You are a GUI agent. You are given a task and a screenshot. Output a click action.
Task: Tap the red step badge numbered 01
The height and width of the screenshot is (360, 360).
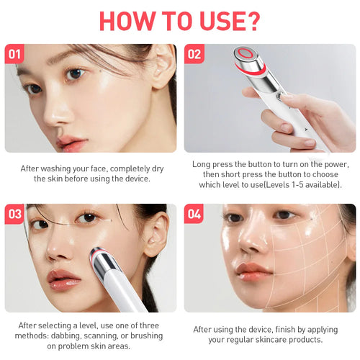15,53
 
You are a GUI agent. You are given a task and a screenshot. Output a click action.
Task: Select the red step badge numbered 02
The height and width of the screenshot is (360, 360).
194,53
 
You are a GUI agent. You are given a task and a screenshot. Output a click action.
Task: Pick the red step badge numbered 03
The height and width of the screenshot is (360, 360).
15,213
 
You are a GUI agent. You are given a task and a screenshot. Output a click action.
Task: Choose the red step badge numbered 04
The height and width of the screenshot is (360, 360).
194,213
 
